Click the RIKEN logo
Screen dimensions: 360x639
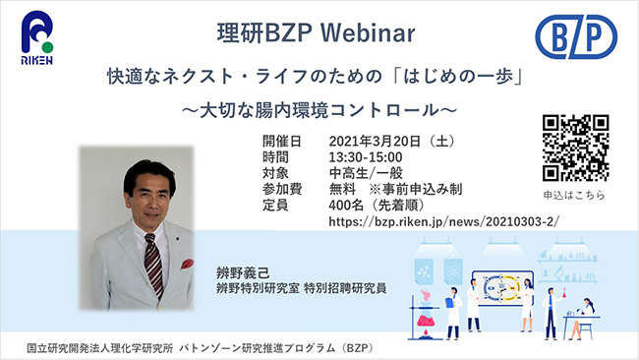tap(36, 38)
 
